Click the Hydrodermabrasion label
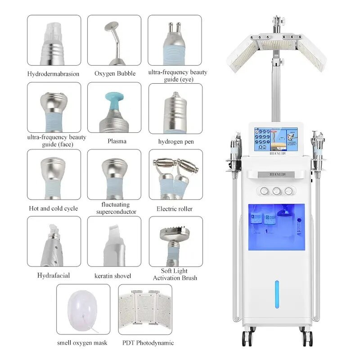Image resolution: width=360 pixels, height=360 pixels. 54,74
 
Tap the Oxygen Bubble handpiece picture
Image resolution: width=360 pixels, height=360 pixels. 114,40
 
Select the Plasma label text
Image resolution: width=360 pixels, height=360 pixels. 114,141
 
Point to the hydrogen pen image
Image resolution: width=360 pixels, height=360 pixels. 175,108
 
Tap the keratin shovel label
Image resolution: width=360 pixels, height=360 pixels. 114,275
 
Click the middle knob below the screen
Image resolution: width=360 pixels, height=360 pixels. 276,191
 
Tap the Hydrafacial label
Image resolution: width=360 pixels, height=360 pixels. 54,275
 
